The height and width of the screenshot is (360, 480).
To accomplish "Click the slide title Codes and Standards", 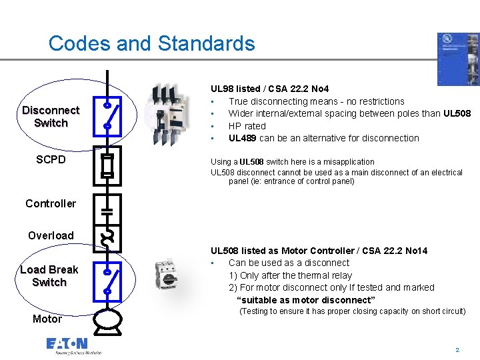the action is point(151,44).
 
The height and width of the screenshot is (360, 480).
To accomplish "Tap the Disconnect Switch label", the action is point(51,117).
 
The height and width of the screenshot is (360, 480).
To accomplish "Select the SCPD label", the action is point(51,160).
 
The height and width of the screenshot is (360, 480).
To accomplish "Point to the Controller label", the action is point(51,203).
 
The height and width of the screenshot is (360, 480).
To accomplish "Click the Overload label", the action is point(51,235).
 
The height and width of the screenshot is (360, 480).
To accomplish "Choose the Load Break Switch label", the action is point(49,276).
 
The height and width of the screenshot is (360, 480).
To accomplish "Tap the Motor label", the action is point(47,319).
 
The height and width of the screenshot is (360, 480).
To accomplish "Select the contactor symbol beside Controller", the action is point(107,209).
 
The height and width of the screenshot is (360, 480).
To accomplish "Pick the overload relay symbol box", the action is point(107,237).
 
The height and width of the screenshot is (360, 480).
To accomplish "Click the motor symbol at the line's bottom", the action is point(107,320).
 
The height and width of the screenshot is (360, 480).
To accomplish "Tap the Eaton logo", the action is point(67,344).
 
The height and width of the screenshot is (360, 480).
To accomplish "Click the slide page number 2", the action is point(457,349).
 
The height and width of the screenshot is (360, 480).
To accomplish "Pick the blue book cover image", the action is point(457,59).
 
